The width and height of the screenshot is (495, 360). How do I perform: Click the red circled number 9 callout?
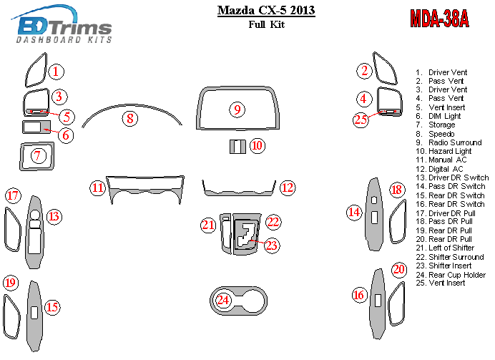point(237,110)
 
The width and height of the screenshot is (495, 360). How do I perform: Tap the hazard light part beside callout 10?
point(237,147)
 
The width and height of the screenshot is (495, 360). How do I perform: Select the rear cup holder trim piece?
point(239,301)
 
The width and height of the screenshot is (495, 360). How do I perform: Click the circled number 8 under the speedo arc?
point(129,119)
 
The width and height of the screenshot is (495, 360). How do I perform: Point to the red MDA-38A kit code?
point(439,19)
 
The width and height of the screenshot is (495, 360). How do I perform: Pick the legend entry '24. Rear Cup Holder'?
point(451,275)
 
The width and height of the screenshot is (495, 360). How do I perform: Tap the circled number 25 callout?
point(361,120)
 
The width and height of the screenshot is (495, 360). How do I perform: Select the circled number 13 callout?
point(54,217)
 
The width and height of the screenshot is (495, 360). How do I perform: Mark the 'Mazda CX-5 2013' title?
point(266,10)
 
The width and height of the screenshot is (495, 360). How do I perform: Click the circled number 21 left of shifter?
point(208,225)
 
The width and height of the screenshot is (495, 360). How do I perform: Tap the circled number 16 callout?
point(358,295)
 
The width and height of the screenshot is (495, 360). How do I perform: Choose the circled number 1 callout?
point(56,72)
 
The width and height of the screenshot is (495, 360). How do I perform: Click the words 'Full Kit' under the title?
point(266,24)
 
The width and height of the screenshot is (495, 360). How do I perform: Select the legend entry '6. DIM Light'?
point(438,116)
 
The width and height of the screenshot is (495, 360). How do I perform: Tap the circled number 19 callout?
point(11,282)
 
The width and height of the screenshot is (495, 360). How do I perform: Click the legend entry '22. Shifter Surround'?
point(449,257)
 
